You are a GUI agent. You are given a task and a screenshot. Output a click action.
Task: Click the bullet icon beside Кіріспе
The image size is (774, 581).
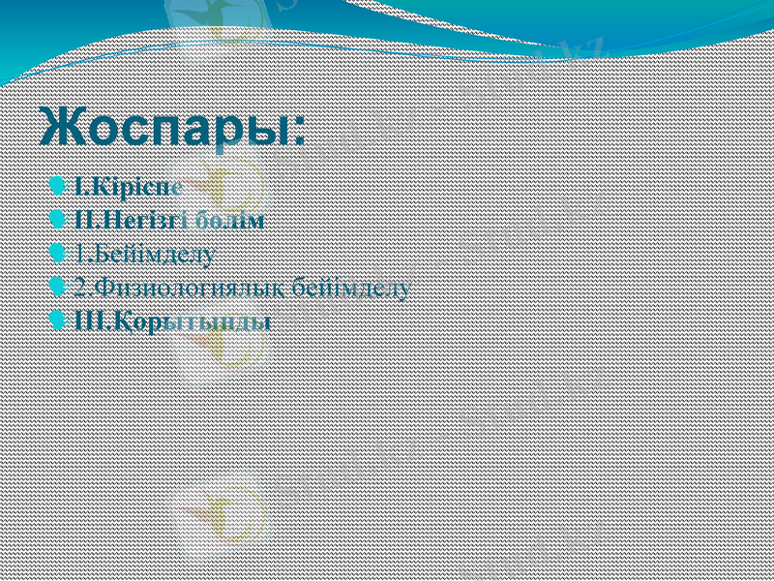point(62,184)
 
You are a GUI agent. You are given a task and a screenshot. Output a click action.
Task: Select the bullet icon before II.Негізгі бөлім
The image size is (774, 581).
point(62,219)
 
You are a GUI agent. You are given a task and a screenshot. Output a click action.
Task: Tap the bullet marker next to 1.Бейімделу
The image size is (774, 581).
point(62,254)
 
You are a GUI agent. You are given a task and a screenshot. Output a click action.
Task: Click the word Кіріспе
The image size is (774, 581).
point(134,185)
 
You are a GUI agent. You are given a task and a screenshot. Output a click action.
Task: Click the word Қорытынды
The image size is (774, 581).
point(188,321)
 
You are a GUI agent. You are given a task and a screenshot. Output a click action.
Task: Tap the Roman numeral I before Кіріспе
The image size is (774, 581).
point(78,185)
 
